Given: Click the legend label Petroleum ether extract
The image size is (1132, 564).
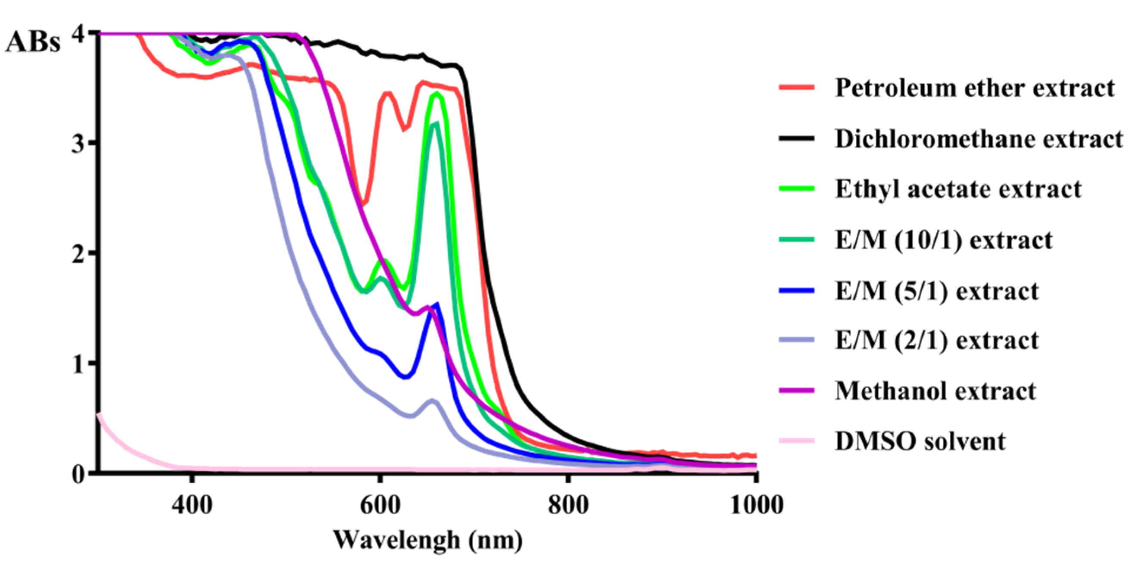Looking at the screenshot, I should tap(975, 88).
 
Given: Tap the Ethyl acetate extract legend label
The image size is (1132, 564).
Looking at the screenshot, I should tap(958, 189).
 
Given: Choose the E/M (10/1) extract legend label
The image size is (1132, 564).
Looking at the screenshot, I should tap(944, 240).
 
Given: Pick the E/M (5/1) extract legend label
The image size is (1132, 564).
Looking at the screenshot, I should tap(936, 291).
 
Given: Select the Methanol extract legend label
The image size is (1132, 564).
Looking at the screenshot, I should tap(935, 391).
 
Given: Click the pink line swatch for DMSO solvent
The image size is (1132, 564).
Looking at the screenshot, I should tap(796, 441).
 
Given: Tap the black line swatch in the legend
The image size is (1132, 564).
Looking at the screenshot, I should tap(796, 139).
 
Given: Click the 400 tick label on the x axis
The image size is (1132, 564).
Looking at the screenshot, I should tap(192, 505).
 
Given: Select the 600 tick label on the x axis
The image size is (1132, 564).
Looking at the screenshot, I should tap(380, 505).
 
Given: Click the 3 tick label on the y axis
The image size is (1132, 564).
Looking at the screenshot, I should tap(78, 143).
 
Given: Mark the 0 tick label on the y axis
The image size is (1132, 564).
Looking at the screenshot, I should tap(78, 474).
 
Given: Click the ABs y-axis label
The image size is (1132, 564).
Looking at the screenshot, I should tap(33, 43).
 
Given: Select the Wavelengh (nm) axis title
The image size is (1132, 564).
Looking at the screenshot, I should tap(427, 540).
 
